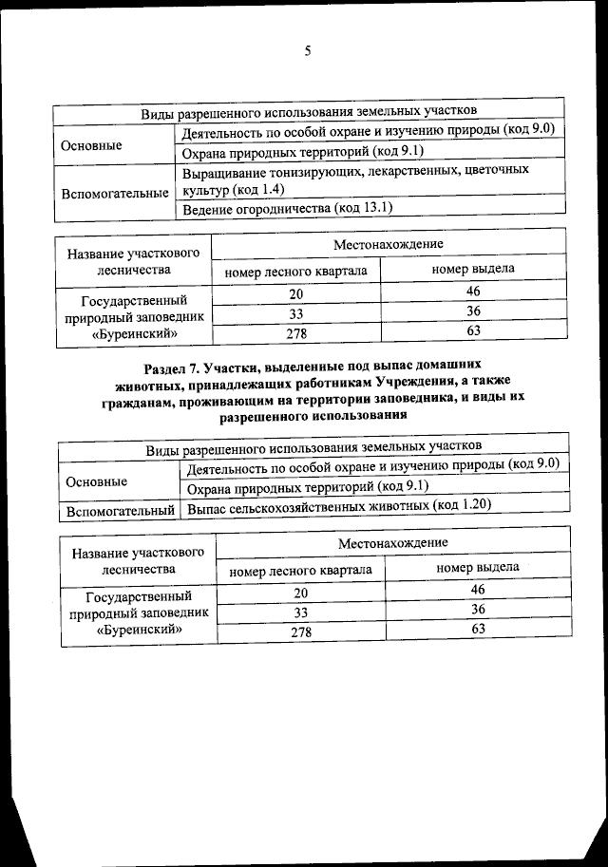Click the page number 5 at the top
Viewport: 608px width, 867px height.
307,50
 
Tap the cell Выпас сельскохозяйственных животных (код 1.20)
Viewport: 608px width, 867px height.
339,505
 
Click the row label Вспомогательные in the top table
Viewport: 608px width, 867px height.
115,193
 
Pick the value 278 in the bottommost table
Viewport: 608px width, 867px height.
301,631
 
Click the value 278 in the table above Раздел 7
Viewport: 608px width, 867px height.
295,331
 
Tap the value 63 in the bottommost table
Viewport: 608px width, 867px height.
478,629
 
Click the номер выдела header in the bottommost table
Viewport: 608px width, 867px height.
477,567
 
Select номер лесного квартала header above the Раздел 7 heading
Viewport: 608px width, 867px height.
295,270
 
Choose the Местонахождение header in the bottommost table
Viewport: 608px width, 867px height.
391,541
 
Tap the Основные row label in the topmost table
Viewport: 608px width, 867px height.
91,146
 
